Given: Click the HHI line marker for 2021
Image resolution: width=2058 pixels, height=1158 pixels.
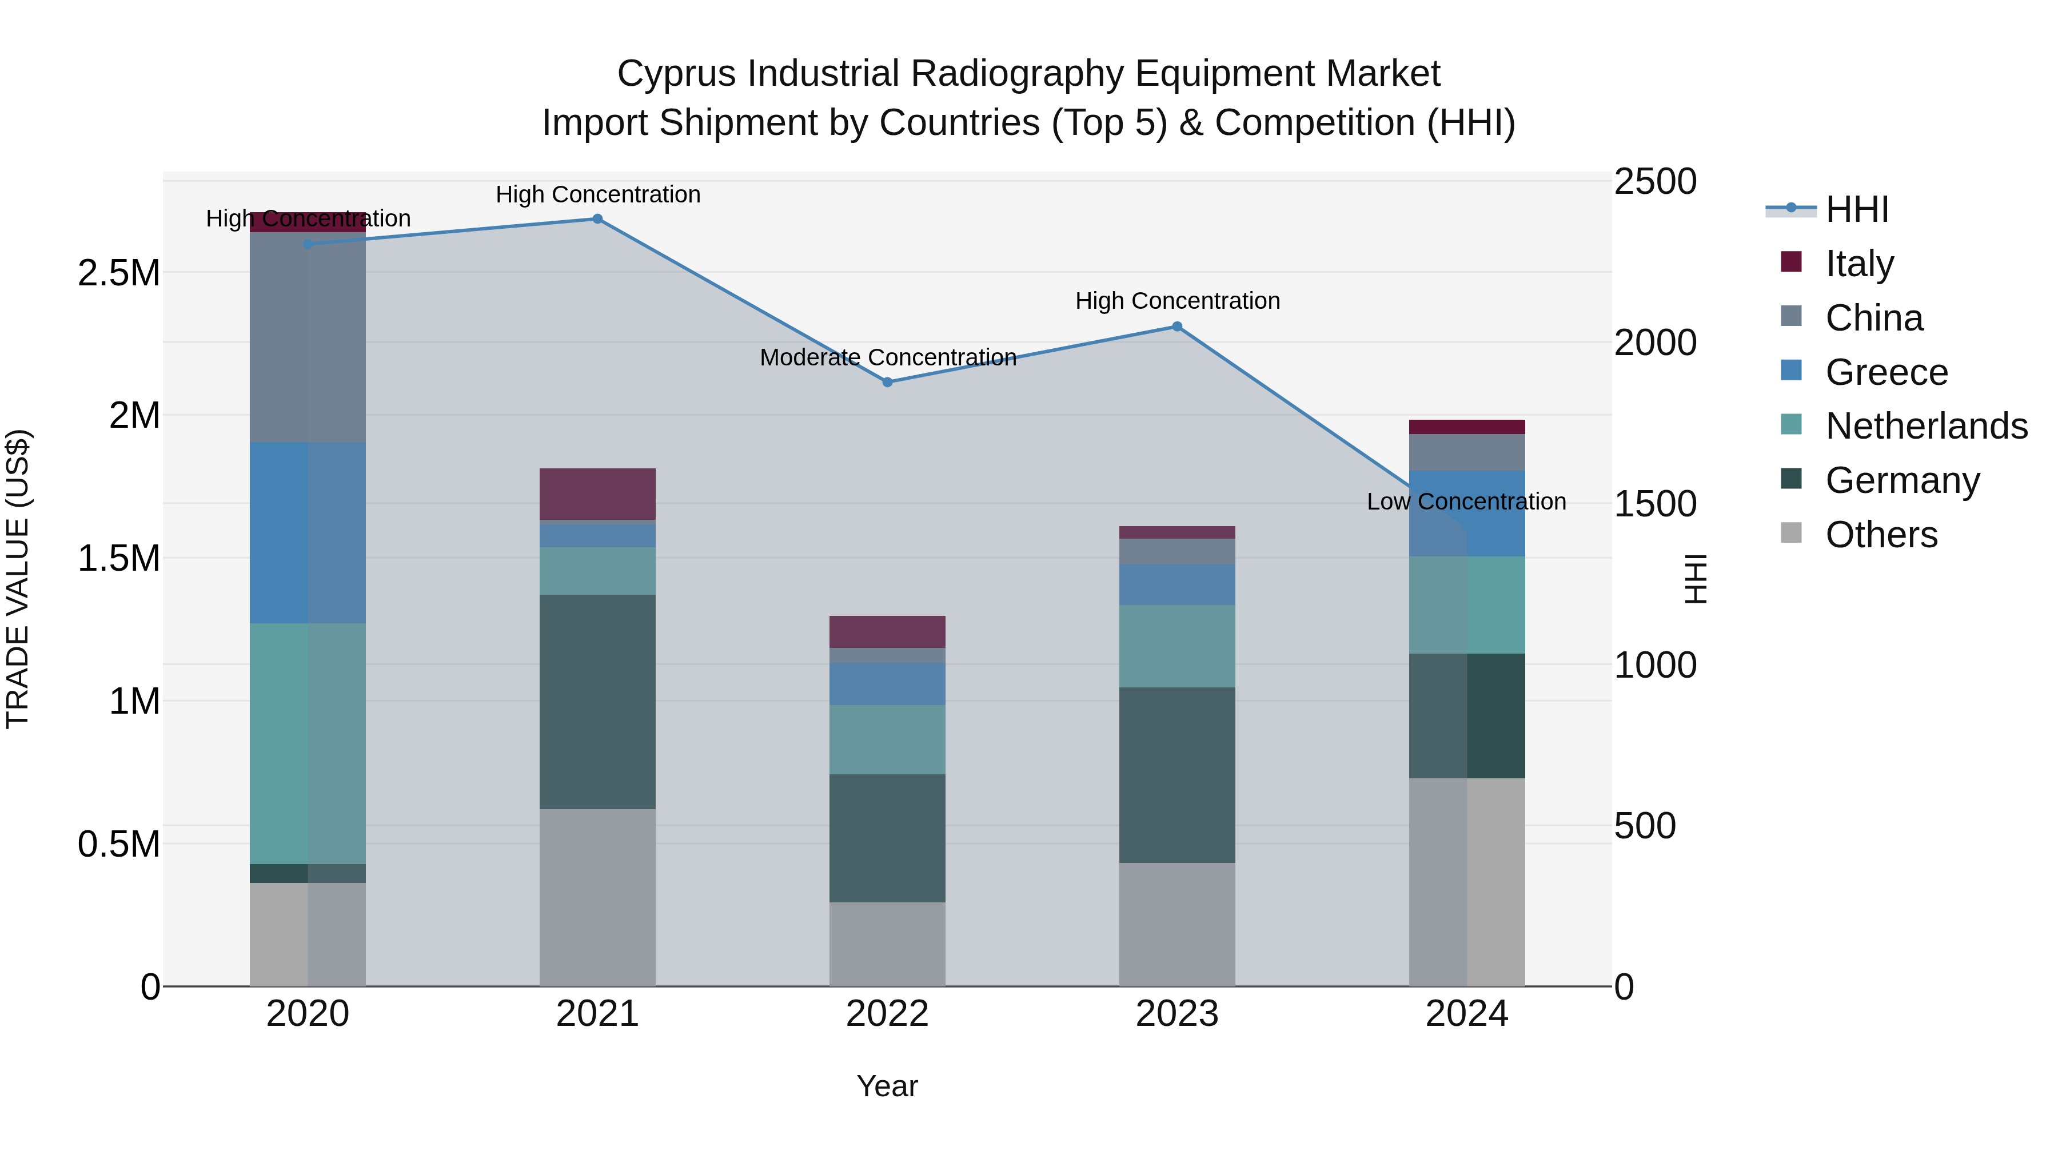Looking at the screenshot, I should (597, 218).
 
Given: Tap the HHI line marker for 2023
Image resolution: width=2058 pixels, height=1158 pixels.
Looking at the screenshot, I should (1177, 326).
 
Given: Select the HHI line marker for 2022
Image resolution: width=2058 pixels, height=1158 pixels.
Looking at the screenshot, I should (887, 382).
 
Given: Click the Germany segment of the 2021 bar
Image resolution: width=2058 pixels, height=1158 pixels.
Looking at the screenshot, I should (597, 701).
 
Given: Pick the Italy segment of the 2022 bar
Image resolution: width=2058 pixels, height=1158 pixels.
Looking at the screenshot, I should (887, 631).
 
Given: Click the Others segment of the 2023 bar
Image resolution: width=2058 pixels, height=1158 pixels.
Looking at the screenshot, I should (1177, 924).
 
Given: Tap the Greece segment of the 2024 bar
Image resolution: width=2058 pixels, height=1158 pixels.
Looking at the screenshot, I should (1467, 513).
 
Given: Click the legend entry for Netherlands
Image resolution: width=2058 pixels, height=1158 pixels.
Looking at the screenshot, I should (1925, 426).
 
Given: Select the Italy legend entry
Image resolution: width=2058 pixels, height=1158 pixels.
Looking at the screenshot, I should (1859, 263).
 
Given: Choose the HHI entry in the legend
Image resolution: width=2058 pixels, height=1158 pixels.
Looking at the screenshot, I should (1856, 209).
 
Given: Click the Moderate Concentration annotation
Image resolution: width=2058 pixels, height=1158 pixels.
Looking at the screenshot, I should (888, 357).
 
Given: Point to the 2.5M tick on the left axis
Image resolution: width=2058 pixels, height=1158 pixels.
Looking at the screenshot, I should (119, 273).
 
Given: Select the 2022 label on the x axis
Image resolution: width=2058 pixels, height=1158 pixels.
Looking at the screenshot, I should (887, 1014).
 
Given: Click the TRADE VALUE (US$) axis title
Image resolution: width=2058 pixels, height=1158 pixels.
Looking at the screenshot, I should (18, 579).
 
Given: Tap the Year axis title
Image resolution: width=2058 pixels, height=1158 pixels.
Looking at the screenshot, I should (887, 1086).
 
